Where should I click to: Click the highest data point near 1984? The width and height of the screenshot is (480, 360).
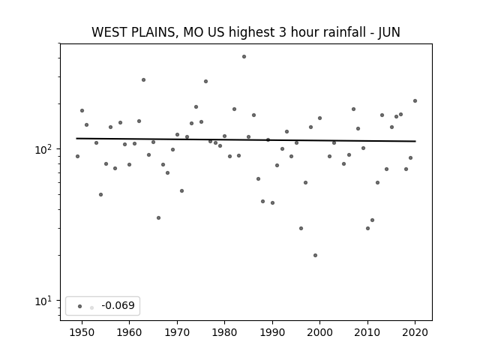coord(244,57)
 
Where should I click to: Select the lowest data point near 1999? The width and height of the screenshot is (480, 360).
coord(315,255)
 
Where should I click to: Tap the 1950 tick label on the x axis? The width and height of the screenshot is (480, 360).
coord(82,332)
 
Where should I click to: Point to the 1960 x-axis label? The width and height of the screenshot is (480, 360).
coord(129,332)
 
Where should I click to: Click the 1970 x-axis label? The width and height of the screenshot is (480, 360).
coord(177,332)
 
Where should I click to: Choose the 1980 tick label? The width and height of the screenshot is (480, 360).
coord(224,332)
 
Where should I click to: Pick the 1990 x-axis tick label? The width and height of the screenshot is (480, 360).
coord(272,332)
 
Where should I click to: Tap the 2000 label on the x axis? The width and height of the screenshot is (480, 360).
coord(319,332)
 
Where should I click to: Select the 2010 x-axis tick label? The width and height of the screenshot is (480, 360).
coord(367,332)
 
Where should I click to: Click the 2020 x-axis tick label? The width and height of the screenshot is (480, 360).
coord(415,332)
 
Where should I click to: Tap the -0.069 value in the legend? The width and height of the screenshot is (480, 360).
coord(118,305)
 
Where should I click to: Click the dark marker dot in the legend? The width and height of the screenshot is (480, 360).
coord(80,306)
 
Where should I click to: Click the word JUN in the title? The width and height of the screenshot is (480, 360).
coord(389,32)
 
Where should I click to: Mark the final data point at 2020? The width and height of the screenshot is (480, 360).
coord(415,100)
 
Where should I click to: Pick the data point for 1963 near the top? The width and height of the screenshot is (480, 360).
coord(143,80)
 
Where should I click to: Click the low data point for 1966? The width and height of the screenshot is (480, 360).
coord(158,218)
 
